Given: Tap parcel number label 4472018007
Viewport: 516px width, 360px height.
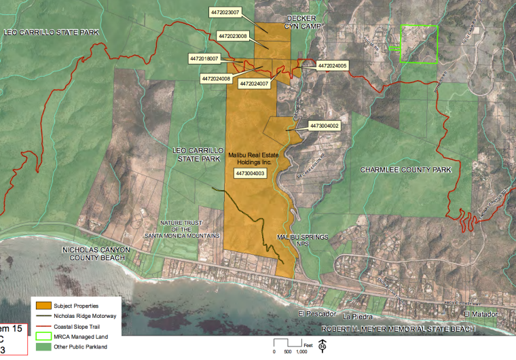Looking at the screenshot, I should [x=204, y=59].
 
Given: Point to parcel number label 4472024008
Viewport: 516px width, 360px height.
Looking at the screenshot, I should [x=216, y=79].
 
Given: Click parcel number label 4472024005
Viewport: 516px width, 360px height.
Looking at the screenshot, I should [x=333, y=66].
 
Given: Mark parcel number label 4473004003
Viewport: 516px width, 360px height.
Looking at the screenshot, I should [x=249, y=174].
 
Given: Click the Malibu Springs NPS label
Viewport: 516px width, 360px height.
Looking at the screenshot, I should [x=302, y=240].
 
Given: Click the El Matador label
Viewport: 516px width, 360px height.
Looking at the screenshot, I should [x=478, y=314].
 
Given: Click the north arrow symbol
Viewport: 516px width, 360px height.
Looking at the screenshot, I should [x=322, y=346].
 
